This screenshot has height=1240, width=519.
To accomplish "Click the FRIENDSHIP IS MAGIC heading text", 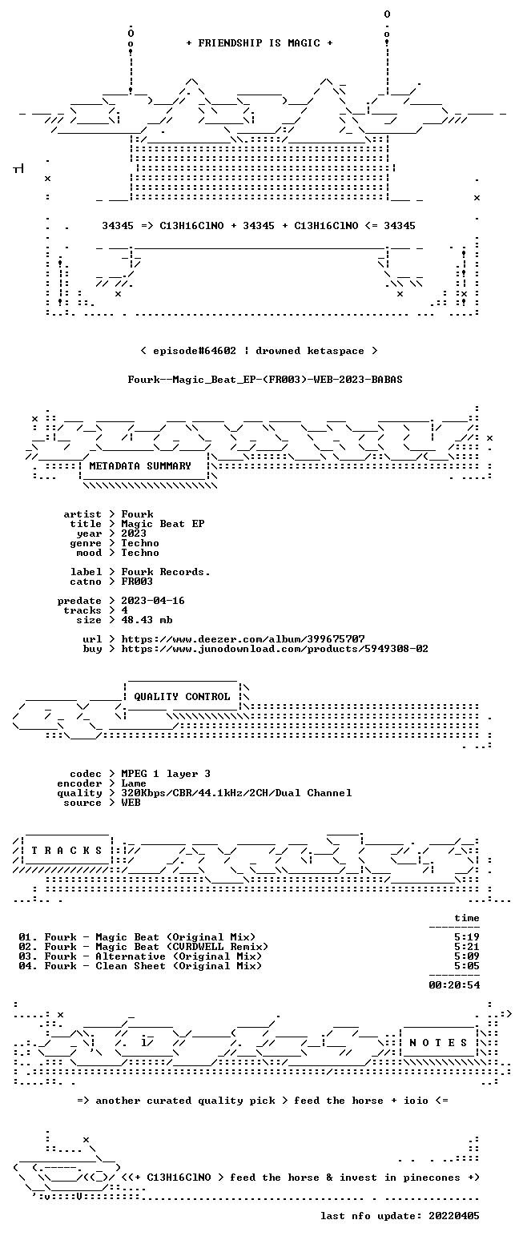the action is (x=259, y=43).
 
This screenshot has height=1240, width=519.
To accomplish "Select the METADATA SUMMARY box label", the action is (x=140, y=466).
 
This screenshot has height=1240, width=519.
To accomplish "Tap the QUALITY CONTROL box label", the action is (x=182, y=697).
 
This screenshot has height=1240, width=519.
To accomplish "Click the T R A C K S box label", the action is (x=66, y=850).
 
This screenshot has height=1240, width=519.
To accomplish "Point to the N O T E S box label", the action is (x=437, y=1042).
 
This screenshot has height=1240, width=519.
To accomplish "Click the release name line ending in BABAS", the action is (x=265, y=380).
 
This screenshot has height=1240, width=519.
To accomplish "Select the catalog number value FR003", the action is (x=137, y=582).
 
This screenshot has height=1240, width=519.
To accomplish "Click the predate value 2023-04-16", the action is (x=153, y=601).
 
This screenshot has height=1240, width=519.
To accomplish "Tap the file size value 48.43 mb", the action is (x=147, y=620).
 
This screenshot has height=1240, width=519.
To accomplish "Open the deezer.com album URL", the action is (x=243, y=639).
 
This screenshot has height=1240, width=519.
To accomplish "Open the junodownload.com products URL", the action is (x=275, y=649).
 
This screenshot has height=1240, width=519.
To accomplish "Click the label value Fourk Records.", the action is (x=166, y=572).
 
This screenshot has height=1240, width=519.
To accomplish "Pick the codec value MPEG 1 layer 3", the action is (x=166, y=774).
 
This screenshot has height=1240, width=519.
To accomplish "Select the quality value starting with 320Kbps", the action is (x=236, y=793).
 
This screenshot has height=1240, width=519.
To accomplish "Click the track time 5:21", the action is (x=467, y=947).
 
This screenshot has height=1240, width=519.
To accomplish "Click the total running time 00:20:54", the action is (x=454, y=984).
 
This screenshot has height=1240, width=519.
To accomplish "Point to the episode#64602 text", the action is (x=194, y=351).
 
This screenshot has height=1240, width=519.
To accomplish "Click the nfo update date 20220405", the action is (x=453, y=1216).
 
